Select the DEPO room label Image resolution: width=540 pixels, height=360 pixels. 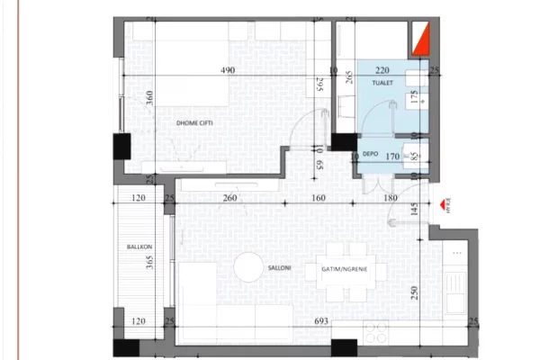(x=369, y=154)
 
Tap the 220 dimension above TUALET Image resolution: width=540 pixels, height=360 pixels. (x=382, y=69)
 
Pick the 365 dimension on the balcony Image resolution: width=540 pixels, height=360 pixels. (x=148, y=267)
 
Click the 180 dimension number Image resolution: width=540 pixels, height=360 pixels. (x=389, y=199)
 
